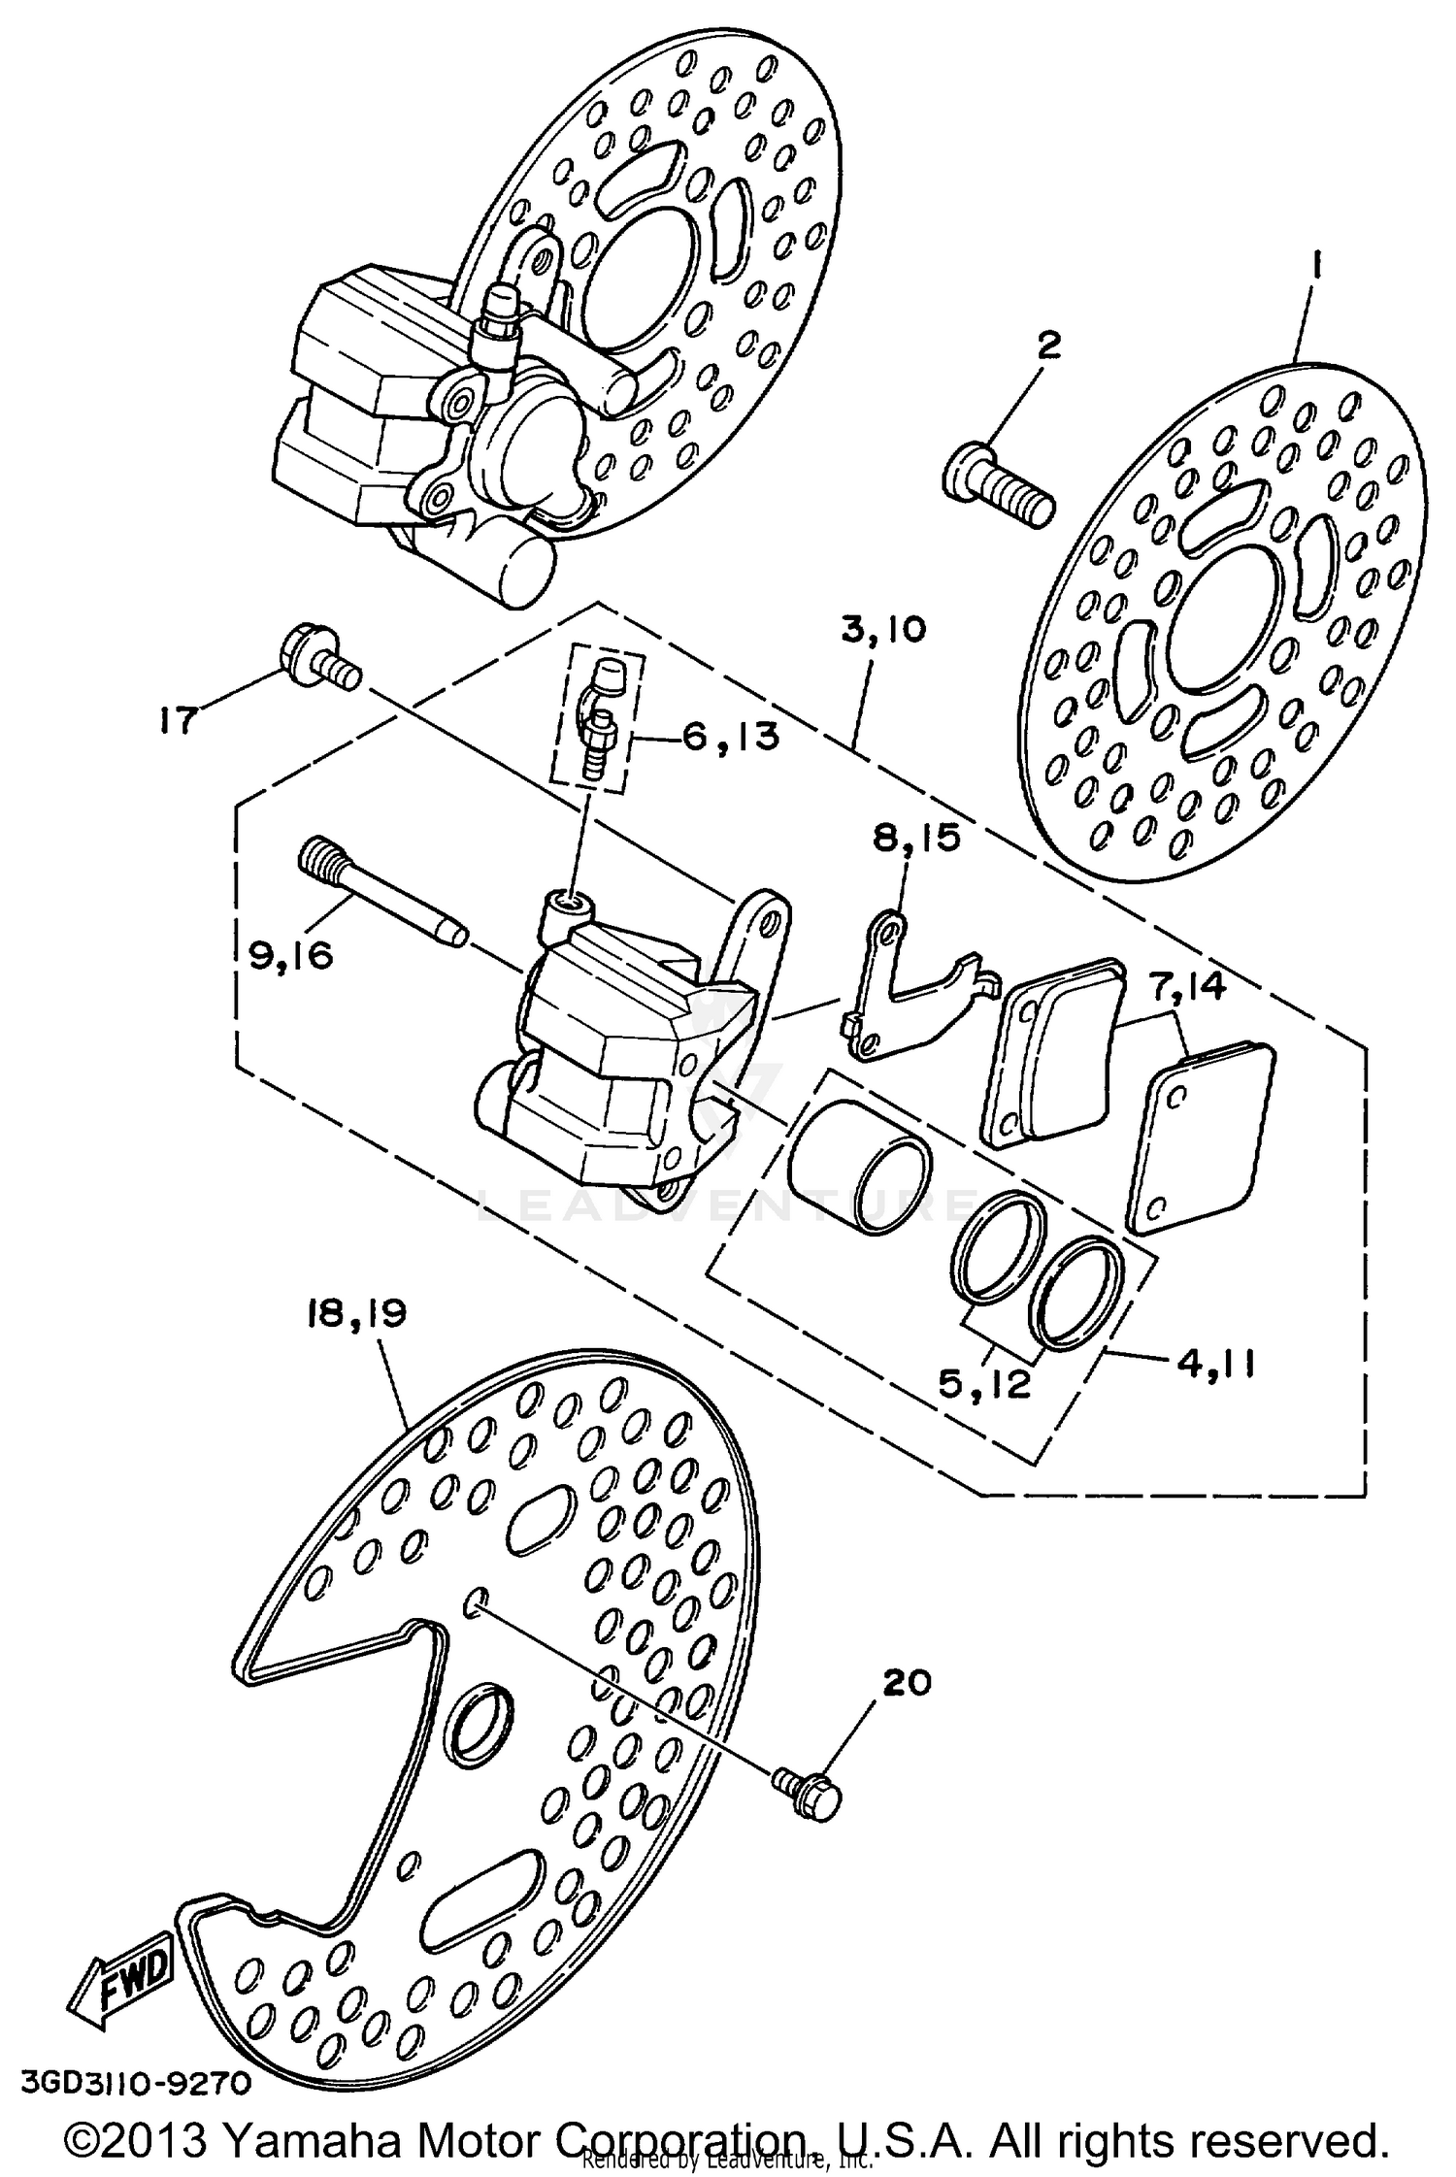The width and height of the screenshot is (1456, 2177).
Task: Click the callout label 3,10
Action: (x=883, y=630)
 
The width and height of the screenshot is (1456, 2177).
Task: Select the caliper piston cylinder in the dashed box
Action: (x=859, y=1167)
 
